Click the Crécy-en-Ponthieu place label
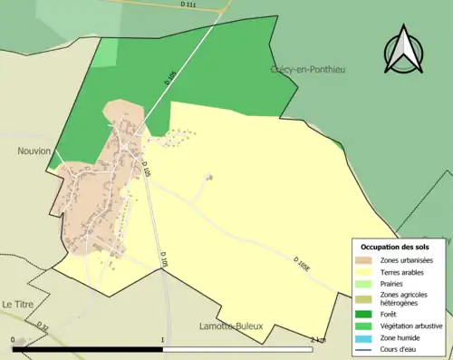(309, 69)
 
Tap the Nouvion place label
(34, 151)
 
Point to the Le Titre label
(17, 305)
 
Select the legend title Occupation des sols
(396, 247)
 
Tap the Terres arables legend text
(404, 271)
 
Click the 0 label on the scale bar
(13, 339)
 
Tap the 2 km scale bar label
(317, 339)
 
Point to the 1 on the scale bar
(163, 339)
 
